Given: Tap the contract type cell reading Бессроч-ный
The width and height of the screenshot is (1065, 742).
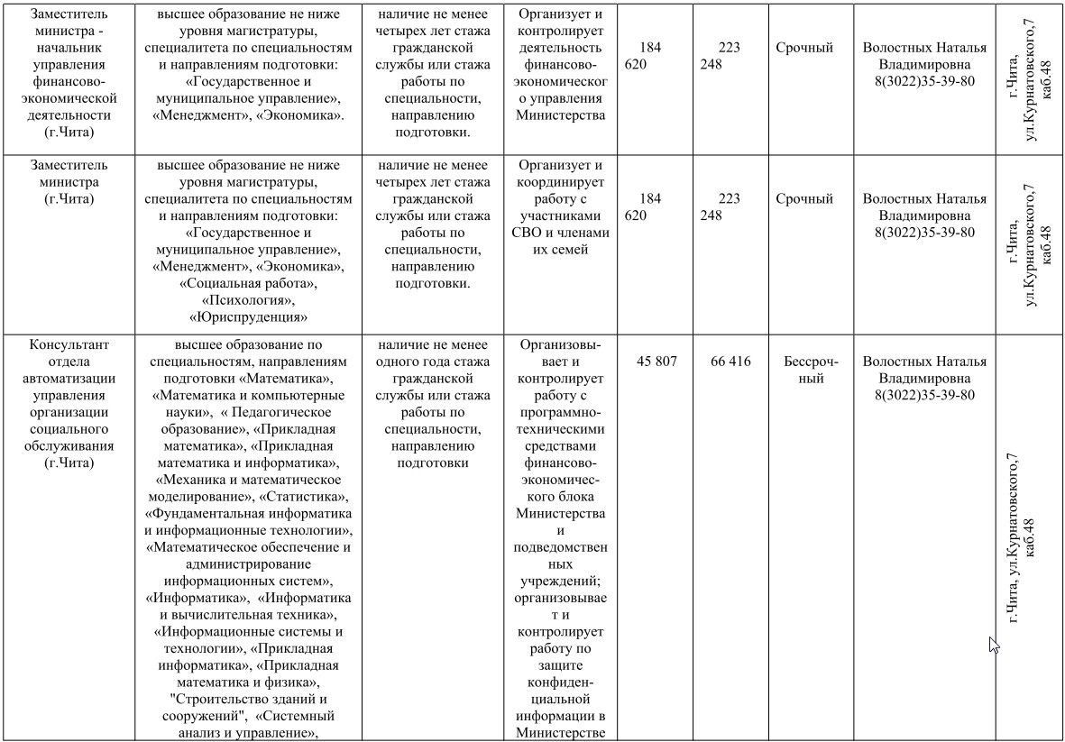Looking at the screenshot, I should (x=812, y=370).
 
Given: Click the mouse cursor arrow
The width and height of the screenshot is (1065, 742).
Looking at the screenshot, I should (x=995, y=645).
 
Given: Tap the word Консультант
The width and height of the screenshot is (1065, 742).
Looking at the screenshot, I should (x=69, y=344).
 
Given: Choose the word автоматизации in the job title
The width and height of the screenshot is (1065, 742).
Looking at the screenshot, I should (x=69, y=378).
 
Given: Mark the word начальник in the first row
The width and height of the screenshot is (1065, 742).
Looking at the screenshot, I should (x=69, y=49).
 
